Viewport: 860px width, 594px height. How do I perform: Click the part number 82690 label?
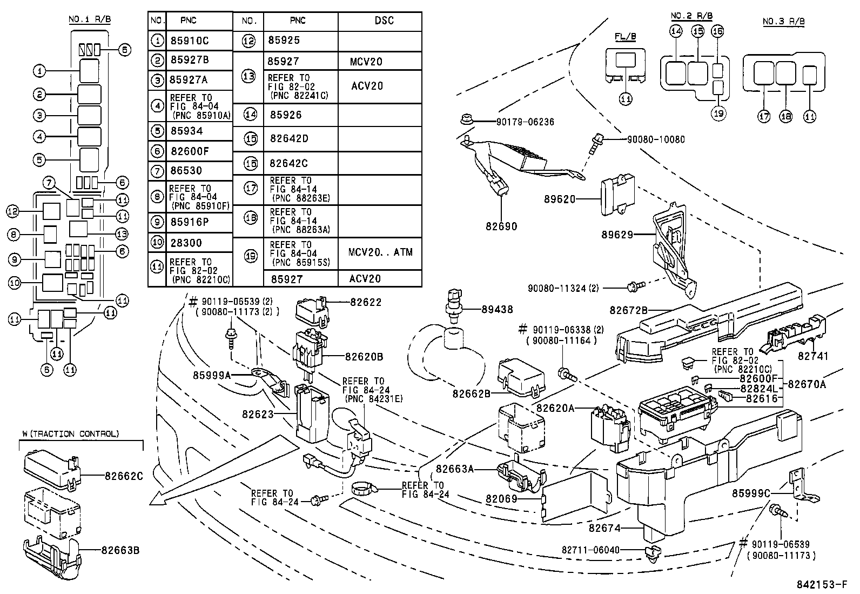(502, 226)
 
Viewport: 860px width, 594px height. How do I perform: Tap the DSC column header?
(384, 21)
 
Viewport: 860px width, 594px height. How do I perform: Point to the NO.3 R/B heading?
(783, 22)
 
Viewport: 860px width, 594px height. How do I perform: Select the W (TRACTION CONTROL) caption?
(70, 433)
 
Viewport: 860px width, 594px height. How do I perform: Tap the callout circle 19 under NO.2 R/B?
(718, 113)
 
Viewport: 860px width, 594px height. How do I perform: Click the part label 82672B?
(628, 310)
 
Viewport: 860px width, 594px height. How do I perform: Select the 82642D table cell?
(289, 138)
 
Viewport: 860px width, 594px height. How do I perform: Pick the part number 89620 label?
(560, 199)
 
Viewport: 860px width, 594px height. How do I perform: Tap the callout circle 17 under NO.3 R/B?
(763, 116)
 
